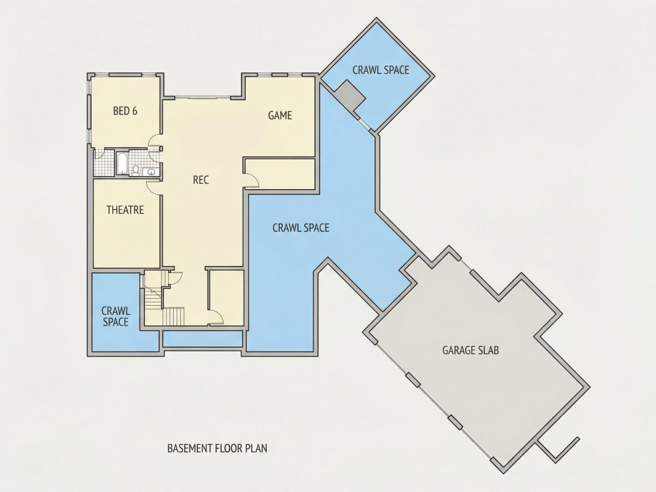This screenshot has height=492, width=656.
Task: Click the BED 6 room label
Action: click(x=125, y=111)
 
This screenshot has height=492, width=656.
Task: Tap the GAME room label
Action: click(x=280, y=115)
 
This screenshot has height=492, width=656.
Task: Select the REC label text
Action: click(x=201, y=180)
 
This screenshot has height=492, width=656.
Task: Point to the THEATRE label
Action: click(x=125, y=209)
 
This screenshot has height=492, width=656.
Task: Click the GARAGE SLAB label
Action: click(x=471, y=349)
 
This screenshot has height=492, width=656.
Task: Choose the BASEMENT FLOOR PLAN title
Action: click(x=217, y=448)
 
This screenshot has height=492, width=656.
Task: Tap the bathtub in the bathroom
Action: click(x=121, y=163)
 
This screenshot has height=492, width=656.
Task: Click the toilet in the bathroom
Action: click(x=136, y=169)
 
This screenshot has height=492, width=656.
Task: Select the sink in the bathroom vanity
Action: click(x=151, y=172)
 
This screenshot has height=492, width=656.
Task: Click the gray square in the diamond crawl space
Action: click(x=351, y=96)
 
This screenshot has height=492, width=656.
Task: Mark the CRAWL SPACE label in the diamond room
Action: click(x=380, y=70)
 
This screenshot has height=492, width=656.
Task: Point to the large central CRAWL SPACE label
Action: click(x=301, y=228)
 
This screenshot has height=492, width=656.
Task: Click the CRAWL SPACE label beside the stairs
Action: click(x=116, y=316)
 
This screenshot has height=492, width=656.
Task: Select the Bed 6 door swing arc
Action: click(x=154, y=140)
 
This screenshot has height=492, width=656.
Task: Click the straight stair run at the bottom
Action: click(x=173, y=316)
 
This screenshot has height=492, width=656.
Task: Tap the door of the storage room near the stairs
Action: click(x=216, y=317)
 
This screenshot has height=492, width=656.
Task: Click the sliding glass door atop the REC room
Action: click(x=202, y=98)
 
